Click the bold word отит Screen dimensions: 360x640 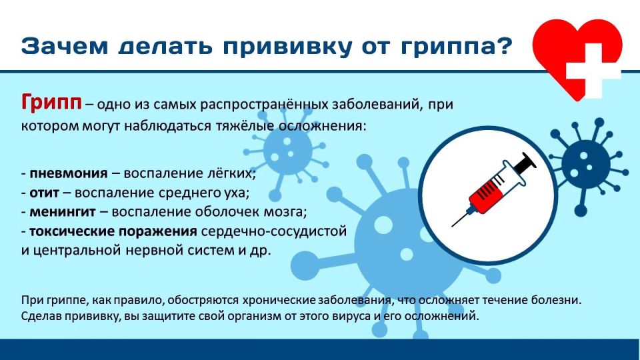click(x=45, y=193)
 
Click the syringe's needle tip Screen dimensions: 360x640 click(x=453, y=225)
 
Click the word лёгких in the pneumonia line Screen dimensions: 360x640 click(x=233, y=173)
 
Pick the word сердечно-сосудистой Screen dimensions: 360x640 click(x=296, y=232)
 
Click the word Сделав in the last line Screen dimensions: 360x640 click(x=41, y=316)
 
